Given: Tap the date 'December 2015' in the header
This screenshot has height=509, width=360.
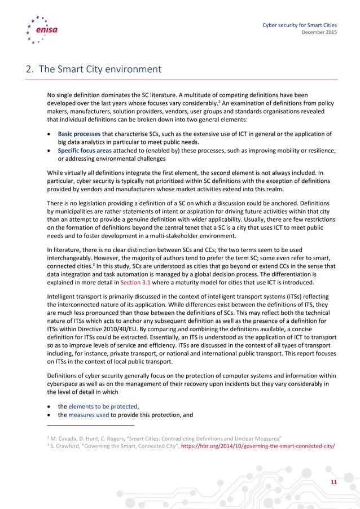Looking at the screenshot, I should pyautogui.click(x=320, y=33).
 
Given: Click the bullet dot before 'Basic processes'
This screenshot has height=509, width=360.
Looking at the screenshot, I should pyautogui.click(x=50, y=134).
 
